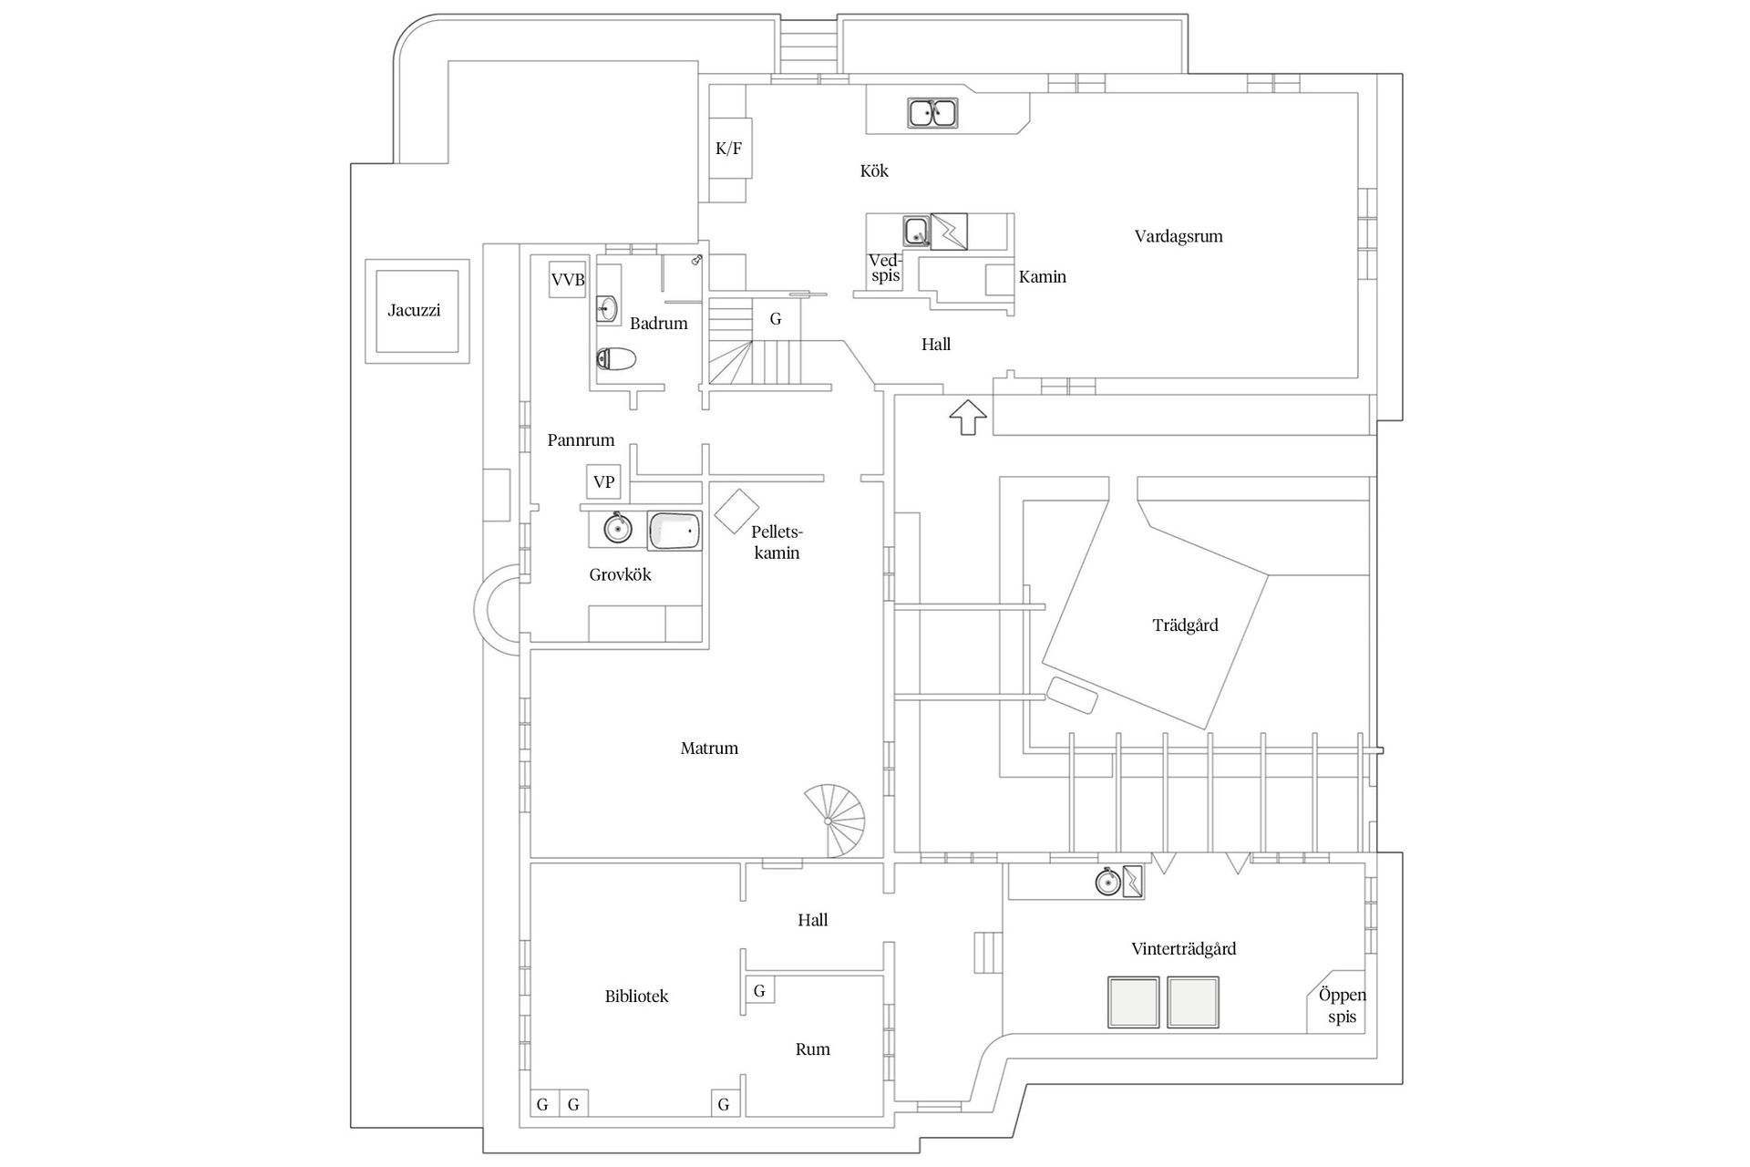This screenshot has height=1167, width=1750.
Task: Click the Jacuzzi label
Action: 414,310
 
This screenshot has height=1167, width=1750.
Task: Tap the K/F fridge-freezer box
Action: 729,149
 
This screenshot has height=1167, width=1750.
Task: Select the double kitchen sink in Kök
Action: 932,114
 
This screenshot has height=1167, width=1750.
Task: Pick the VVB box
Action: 567,280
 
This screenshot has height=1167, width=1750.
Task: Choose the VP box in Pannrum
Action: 603,482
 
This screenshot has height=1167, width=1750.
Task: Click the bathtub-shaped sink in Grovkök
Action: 674,531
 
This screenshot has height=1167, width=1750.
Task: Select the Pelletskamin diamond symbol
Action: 736,511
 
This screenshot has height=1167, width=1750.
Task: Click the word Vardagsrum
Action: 1178,236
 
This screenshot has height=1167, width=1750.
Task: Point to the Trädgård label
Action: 1185,625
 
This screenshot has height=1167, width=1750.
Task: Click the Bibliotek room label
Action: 636,997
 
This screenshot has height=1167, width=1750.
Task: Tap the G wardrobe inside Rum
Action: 759,991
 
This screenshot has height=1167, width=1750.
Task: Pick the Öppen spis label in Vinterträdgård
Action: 1341,1006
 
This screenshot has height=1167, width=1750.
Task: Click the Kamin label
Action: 1042,277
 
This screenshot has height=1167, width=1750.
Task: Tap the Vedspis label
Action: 884,268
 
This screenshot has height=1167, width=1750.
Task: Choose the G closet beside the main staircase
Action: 776,319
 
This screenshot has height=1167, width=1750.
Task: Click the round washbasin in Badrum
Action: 607,308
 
